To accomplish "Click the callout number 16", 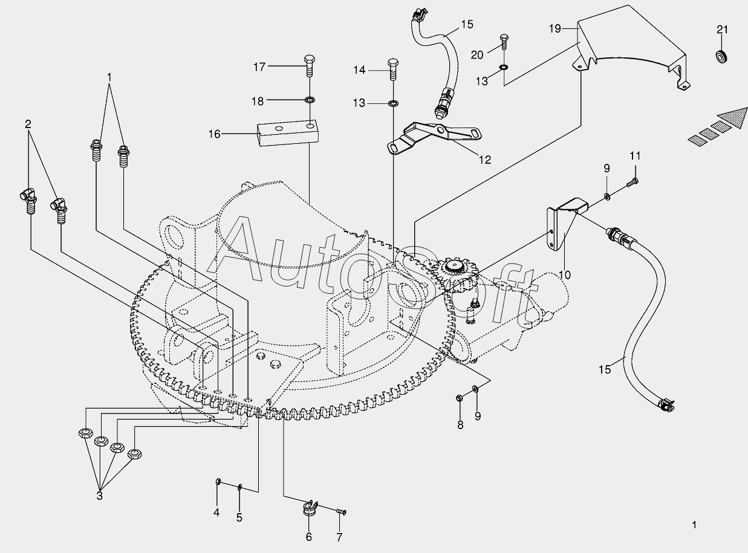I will click(x=215, y=134).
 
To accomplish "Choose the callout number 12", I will click(x=484, y=160).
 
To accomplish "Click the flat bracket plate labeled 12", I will click(x=432, y=135).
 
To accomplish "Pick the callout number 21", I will click(x=723, y=30).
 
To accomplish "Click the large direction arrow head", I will click(x=729, y=117).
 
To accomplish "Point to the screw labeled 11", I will click(x=633, y=179).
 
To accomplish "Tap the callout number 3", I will click(x=100, y=496).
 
